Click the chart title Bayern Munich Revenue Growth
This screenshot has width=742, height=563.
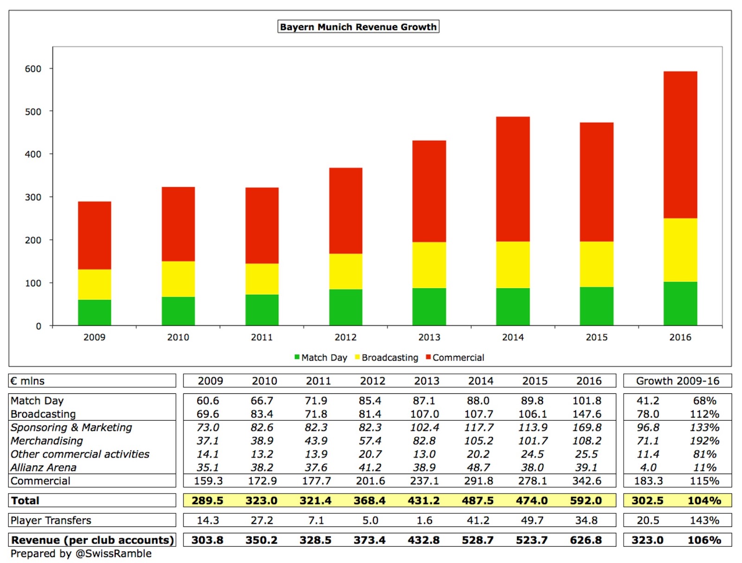pos(358,27)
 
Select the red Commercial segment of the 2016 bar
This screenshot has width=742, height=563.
pos(680,145)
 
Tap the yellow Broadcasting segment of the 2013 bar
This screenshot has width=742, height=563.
pos(429,265)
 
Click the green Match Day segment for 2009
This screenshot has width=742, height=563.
pos(94,312)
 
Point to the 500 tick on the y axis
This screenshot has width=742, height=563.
pos(33,112)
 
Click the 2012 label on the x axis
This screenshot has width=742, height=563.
pos(345,337)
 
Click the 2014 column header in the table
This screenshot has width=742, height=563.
pos(480,381)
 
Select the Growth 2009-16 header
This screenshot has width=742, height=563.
pos(677,381)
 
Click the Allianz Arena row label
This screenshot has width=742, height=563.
pos(44,468)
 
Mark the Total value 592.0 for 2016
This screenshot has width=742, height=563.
pos(586,501)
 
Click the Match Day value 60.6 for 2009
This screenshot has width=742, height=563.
pos(207,401)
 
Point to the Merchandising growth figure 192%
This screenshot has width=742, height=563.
pos(704,441)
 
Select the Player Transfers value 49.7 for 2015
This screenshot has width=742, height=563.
pos(532,520)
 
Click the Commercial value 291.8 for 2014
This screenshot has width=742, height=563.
pos(478,481)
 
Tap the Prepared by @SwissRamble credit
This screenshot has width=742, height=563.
pos(81,554)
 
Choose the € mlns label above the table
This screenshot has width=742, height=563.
pos(28,381)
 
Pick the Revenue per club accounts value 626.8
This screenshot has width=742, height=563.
pos(586,540)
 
